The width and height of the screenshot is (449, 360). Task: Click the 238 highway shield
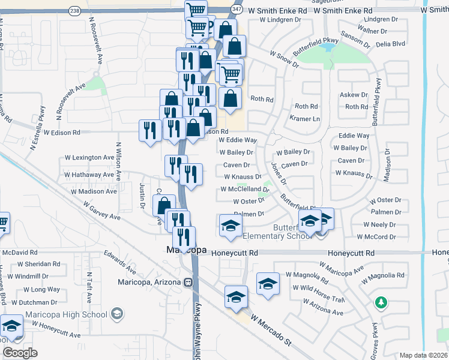pyautogui.click(x=74, y=11)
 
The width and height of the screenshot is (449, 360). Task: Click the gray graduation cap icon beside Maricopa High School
pyautogui.click(x=118, y=313)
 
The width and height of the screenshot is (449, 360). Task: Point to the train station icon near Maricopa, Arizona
pyautogui.click(x=188, y=282)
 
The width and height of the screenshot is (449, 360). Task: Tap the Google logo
pyautogui.click(x=20, y=353)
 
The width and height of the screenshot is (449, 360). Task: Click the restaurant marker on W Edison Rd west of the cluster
pyautogui.click(x=148, y=130)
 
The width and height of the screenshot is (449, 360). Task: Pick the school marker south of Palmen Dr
pyautogui.click(x=229, y=226)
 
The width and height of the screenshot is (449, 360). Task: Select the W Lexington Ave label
pyautogui.click(x=89, y=158)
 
